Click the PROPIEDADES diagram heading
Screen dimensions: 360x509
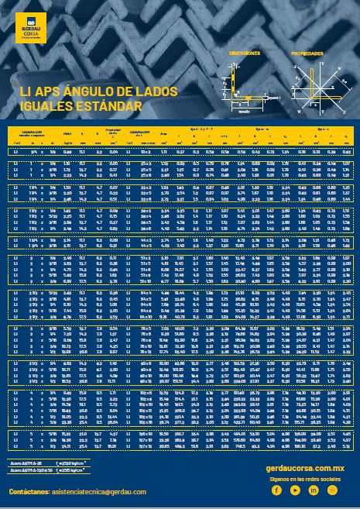307,53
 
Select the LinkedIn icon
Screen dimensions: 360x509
306,490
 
